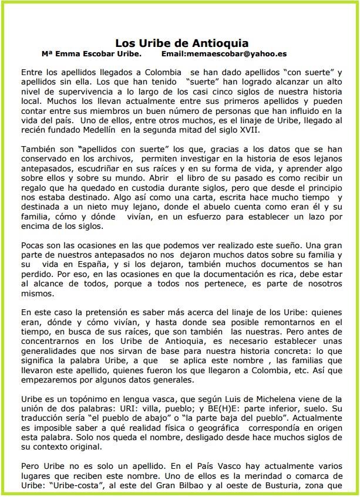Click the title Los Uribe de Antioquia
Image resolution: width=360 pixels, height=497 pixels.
coord(181,43)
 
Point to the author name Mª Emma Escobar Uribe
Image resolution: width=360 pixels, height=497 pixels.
coord(96,53)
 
